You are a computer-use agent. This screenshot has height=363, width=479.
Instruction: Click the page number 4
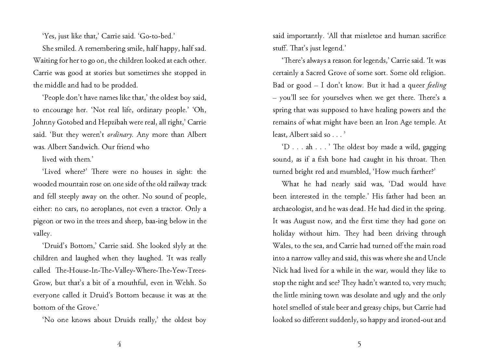119,344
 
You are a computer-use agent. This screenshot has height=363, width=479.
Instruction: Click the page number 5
359,344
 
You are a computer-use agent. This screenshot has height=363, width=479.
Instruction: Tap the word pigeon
43,221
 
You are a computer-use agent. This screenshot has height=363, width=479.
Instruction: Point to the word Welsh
185,283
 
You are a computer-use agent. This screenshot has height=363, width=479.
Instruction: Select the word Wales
281,246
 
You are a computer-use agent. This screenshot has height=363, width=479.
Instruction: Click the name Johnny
44,123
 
